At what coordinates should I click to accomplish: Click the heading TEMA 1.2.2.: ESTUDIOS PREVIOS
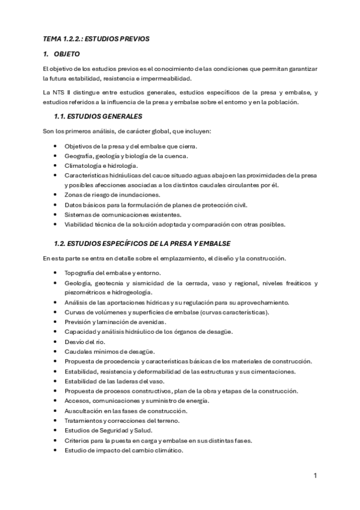96,38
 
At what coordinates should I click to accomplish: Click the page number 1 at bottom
315,476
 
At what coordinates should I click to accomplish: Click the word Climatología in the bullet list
84,165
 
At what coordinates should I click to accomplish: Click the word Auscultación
85,411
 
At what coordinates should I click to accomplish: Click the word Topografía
82,273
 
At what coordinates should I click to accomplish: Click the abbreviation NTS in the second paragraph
57,92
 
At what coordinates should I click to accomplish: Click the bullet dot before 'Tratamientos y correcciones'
56,420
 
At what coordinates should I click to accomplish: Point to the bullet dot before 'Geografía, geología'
56,156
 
